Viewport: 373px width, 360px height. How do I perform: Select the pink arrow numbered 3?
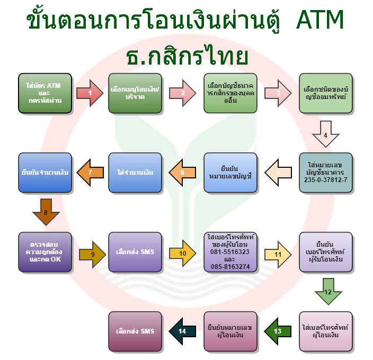[279, 93]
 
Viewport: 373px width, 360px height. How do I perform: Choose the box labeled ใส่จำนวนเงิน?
[135, 173]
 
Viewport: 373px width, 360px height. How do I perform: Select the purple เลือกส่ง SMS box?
[135, 252]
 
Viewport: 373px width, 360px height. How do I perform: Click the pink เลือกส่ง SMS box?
[135, 331]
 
